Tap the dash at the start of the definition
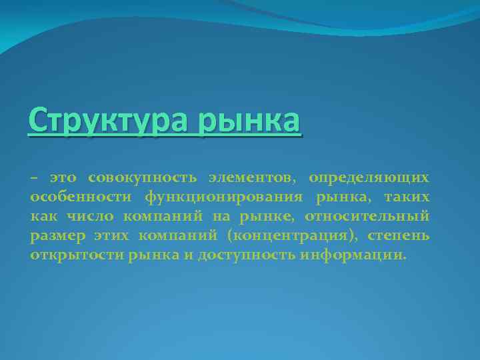[x=34, y=178]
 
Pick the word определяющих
[x=369, y=178]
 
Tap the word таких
[x=405, y=197]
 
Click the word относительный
[x=367, y=217]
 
